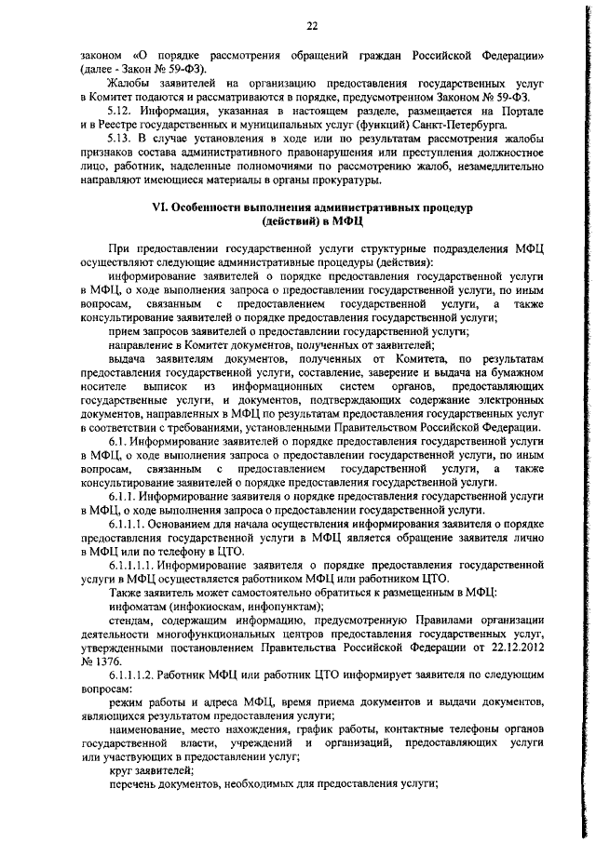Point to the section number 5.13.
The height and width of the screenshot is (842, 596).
click(125, 139)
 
